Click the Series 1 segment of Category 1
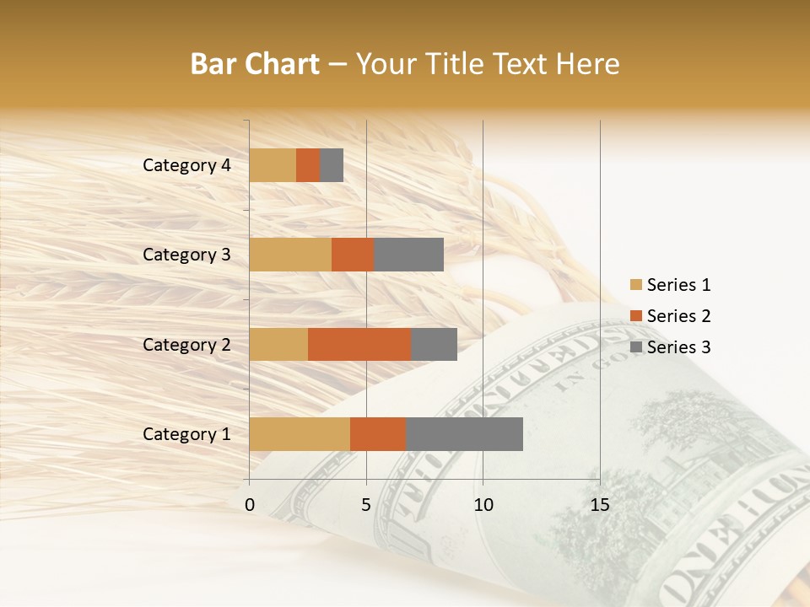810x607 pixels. pyautogui.click(x=300, y=433)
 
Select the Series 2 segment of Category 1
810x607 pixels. pyautogui.click(x=378, y=433)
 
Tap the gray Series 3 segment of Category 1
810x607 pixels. pyautogui.click(x=464, y=433)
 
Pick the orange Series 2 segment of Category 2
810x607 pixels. pyautogui.click(x=359, y=344)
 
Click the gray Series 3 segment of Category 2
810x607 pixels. pyautogui.click(x=434, y=344)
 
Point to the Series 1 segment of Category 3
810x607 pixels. pyautogui.click(x=290, y=255)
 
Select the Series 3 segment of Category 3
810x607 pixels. pyautogui.click(x=408, y=255)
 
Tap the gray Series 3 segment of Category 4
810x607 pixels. pyautogui.click(x=332, y=165)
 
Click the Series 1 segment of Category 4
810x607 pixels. pyautogui.click(x=273, y=165)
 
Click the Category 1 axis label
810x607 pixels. pyautogui.click(x=186, y=434)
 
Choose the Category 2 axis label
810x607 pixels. pyautogui.click(x=186, y=345)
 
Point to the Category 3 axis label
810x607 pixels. pyautogui.click(x=186, y=255)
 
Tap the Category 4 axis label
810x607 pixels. pyautogui.click(x=186, y=165)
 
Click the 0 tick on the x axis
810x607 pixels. pyautogui.click(x=250, y=505)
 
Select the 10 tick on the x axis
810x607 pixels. pyautogui.click(x=483, y=505)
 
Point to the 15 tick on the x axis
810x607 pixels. pyautogui.click(x=599, y=505)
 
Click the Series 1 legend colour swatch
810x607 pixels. pyautogui.click(x=635, y=285)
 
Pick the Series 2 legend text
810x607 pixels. pyautogui.click(x=678, y=316)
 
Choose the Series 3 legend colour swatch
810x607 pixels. pyautogui.click(x=635, y=347)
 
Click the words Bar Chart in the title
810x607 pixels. pyautogui.click(x=255, y=64)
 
